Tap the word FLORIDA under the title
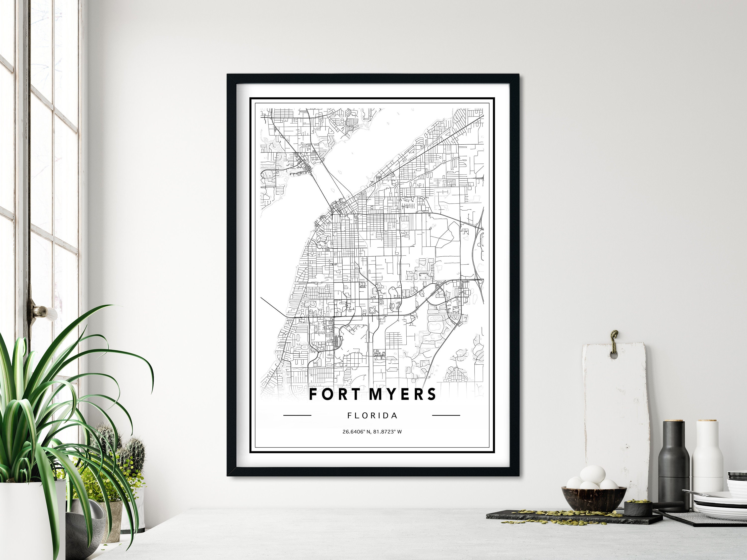point(373,416)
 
